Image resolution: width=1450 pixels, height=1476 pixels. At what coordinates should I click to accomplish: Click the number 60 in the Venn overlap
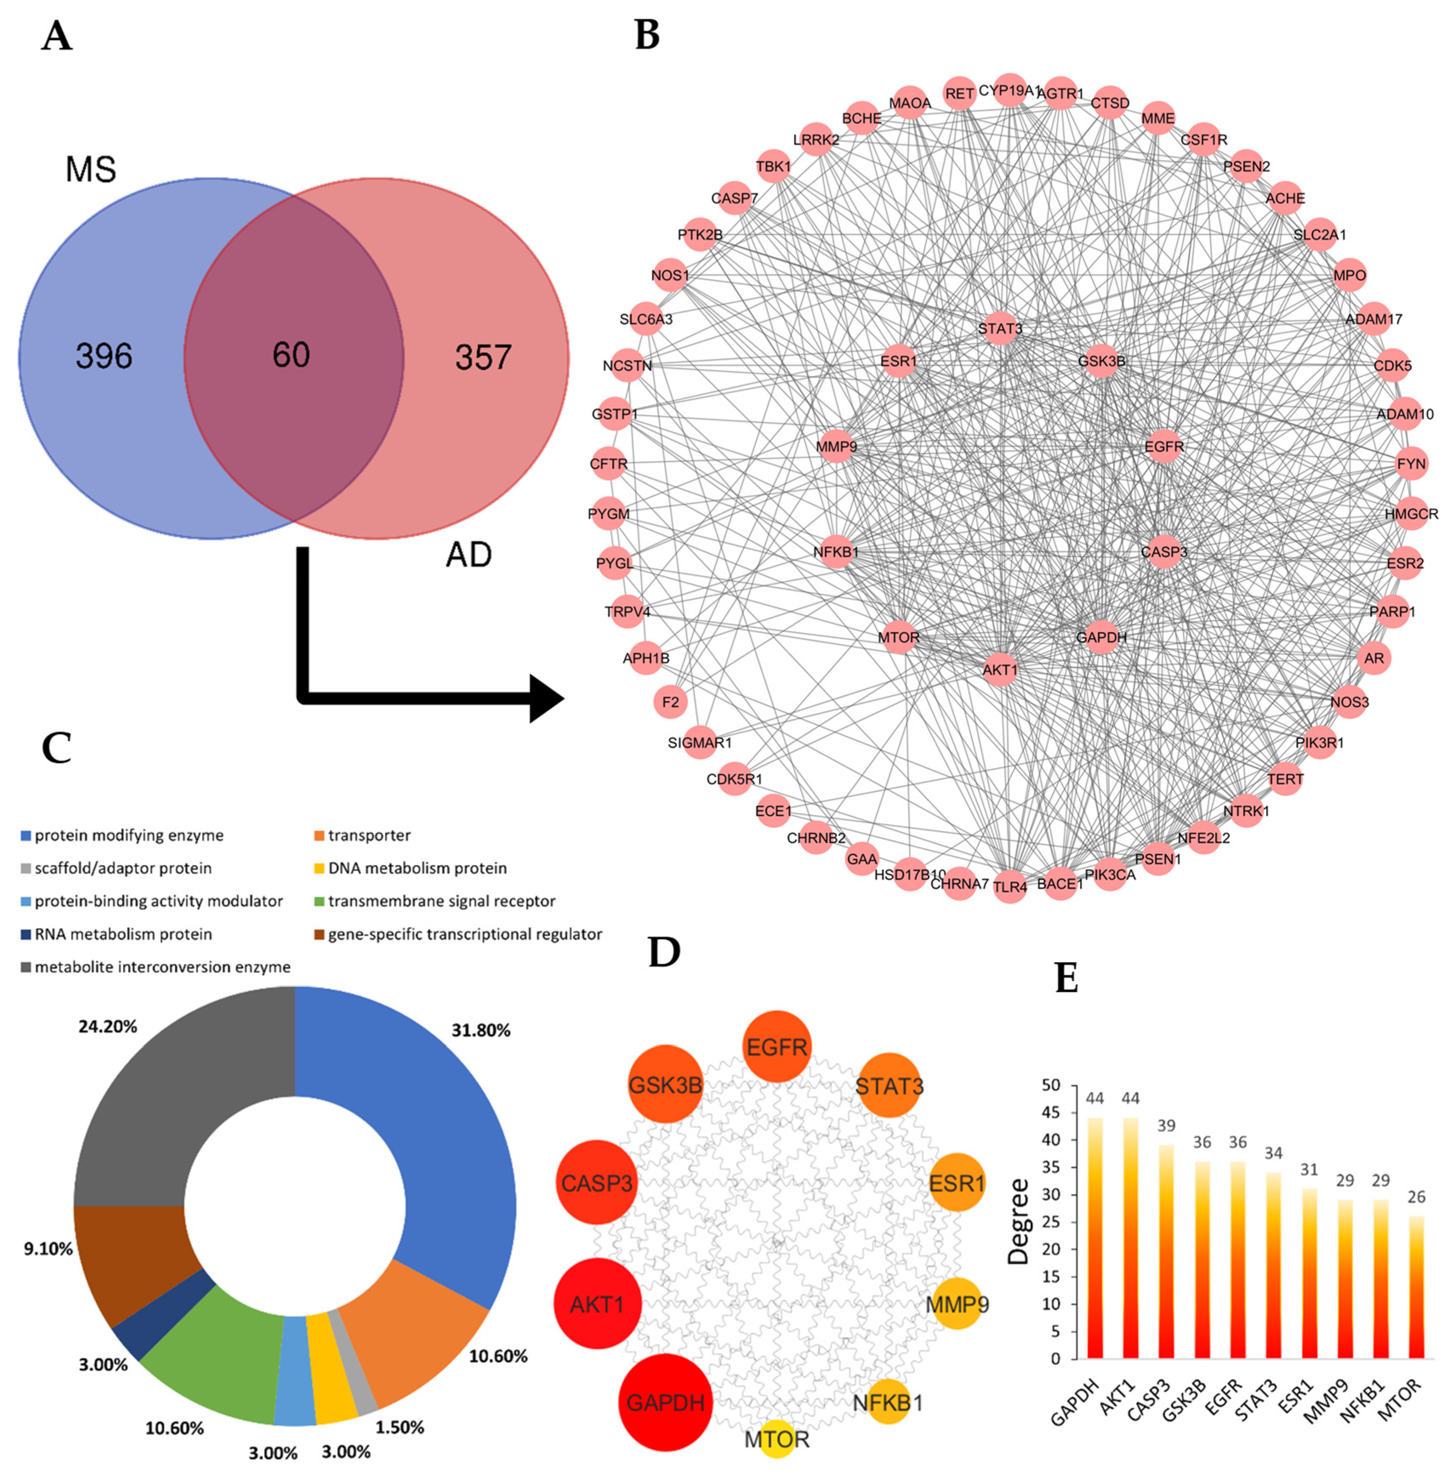coord(291,355)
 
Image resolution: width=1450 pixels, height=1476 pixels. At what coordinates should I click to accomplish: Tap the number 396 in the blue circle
coord(104,356)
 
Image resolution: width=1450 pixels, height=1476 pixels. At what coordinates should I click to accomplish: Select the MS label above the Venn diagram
coord(91,169)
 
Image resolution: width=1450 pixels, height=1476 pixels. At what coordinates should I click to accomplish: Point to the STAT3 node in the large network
coord(1000,328)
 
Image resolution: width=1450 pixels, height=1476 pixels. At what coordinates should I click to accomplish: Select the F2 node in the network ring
coord(670,701)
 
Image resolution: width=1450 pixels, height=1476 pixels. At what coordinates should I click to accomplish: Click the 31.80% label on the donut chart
coord(480,1031)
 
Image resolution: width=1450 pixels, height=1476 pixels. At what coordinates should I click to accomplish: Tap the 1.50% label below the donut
coord(400,1427)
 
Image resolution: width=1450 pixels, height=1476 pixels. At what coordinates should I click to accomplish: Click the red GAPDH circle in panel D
coord(665,1402)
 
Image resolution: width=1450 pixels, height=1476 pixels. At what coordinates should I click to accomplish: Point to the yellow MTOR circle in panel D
coord(777,1439)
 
